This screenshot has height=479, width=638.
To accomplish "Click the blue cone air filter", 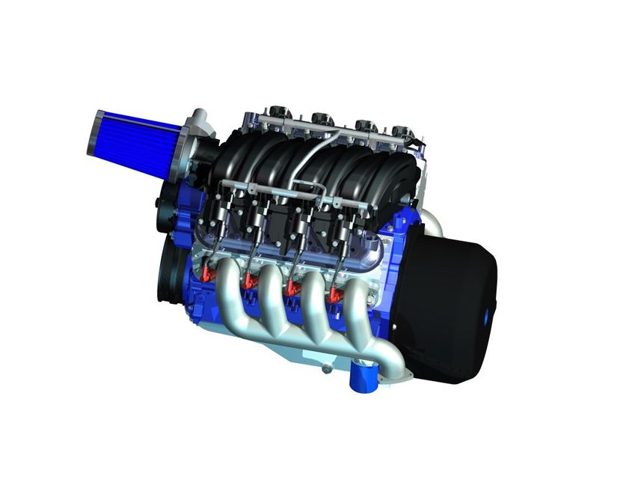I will tap(135, 142).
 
